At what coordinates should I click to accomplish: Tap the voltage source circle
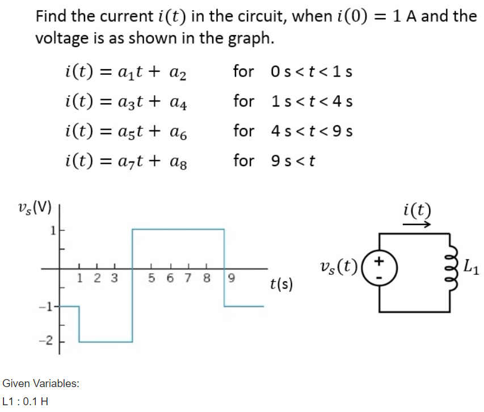point(379,267)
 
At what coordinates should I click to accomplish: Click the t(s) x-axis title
point(281,283)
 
